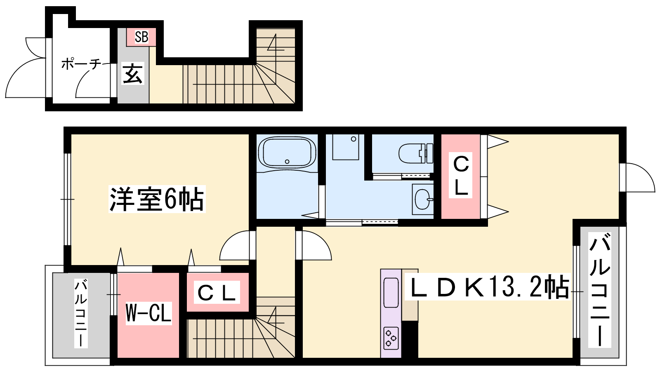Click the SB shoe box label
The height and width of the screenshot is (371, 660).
[x=141, y=37]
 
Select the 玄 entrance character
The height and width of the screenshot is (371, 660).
[x=132, y=74]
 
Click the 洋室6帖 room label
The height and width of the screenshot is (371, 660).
[x=157, y=199]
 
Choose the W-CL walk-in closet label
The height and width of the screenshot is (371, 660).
[x=148, y=313]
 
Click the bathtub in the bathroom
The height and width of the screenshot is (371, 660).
[x=287, y=153]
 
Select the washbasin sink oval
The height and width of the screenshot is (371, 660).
[x=423, y=200]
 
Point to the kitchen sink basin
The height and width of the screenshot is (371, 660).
[x=391, y=293]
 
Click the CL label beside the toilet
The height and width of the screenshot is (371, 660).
[x=461, y=176]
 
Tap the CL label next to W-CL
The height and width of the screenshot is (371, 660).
[x=217, y=292]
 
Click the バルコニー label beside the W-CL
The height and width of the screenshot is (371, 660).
[x=81, y=313]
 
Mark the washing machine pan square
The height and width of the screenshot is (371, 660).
[x=346, y=147]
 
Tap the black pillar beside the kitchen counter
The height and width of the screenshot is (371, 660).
[x=410, y=339]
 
